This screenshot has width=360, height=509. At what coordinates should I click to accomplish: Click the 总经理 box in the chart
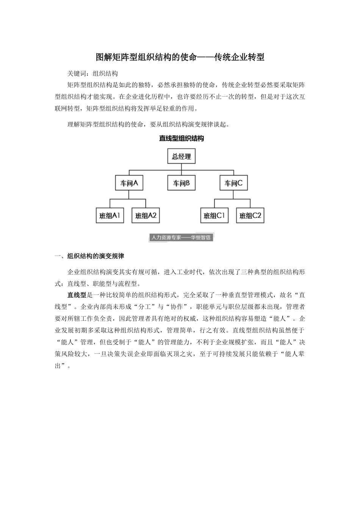click(182, 156)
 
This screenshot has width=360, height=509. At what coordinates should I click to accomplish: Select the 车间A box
click(129, 183)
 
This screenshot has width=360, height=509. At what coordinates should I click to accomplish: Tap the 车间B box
click(182, 183)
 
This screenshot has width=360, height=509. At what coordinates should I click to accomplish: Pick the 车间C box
click(233, 183)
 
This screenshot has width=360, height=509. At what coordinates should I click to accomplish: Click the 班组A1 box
click(110, 215)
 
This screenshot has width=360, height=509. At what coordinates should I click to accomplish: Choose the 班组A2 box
click(146, 215)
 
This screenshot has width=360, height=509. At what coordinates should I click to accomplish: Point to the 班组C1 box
click(214, 215)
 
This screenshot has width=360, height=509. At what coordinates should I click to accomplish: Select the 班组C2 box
click(250, 215)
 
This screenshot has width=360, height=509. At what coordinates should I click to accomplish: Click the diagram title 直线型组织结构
click(182, 139)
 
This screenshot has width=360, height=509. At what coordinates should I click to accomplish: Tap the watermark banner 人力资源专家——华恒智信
click(180, 237)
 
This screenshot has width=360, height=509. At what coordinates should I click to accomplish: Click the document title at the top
click(180, 58)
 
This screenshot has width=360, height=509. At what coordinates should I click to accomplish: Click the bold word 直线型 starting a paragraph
click(77, 295)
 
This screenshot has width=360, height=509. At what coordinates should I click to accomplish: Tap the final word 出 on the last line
click(58, 366)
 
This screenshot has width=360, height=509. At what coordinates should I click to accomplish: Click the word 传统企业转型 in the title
click(239, 58)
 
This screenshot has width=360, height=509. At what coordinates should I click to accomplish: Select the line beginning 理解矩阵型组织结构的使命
click(148, 124)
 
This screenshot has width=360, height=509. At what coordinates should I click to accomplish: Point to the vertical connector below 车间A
click(129, 195)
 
